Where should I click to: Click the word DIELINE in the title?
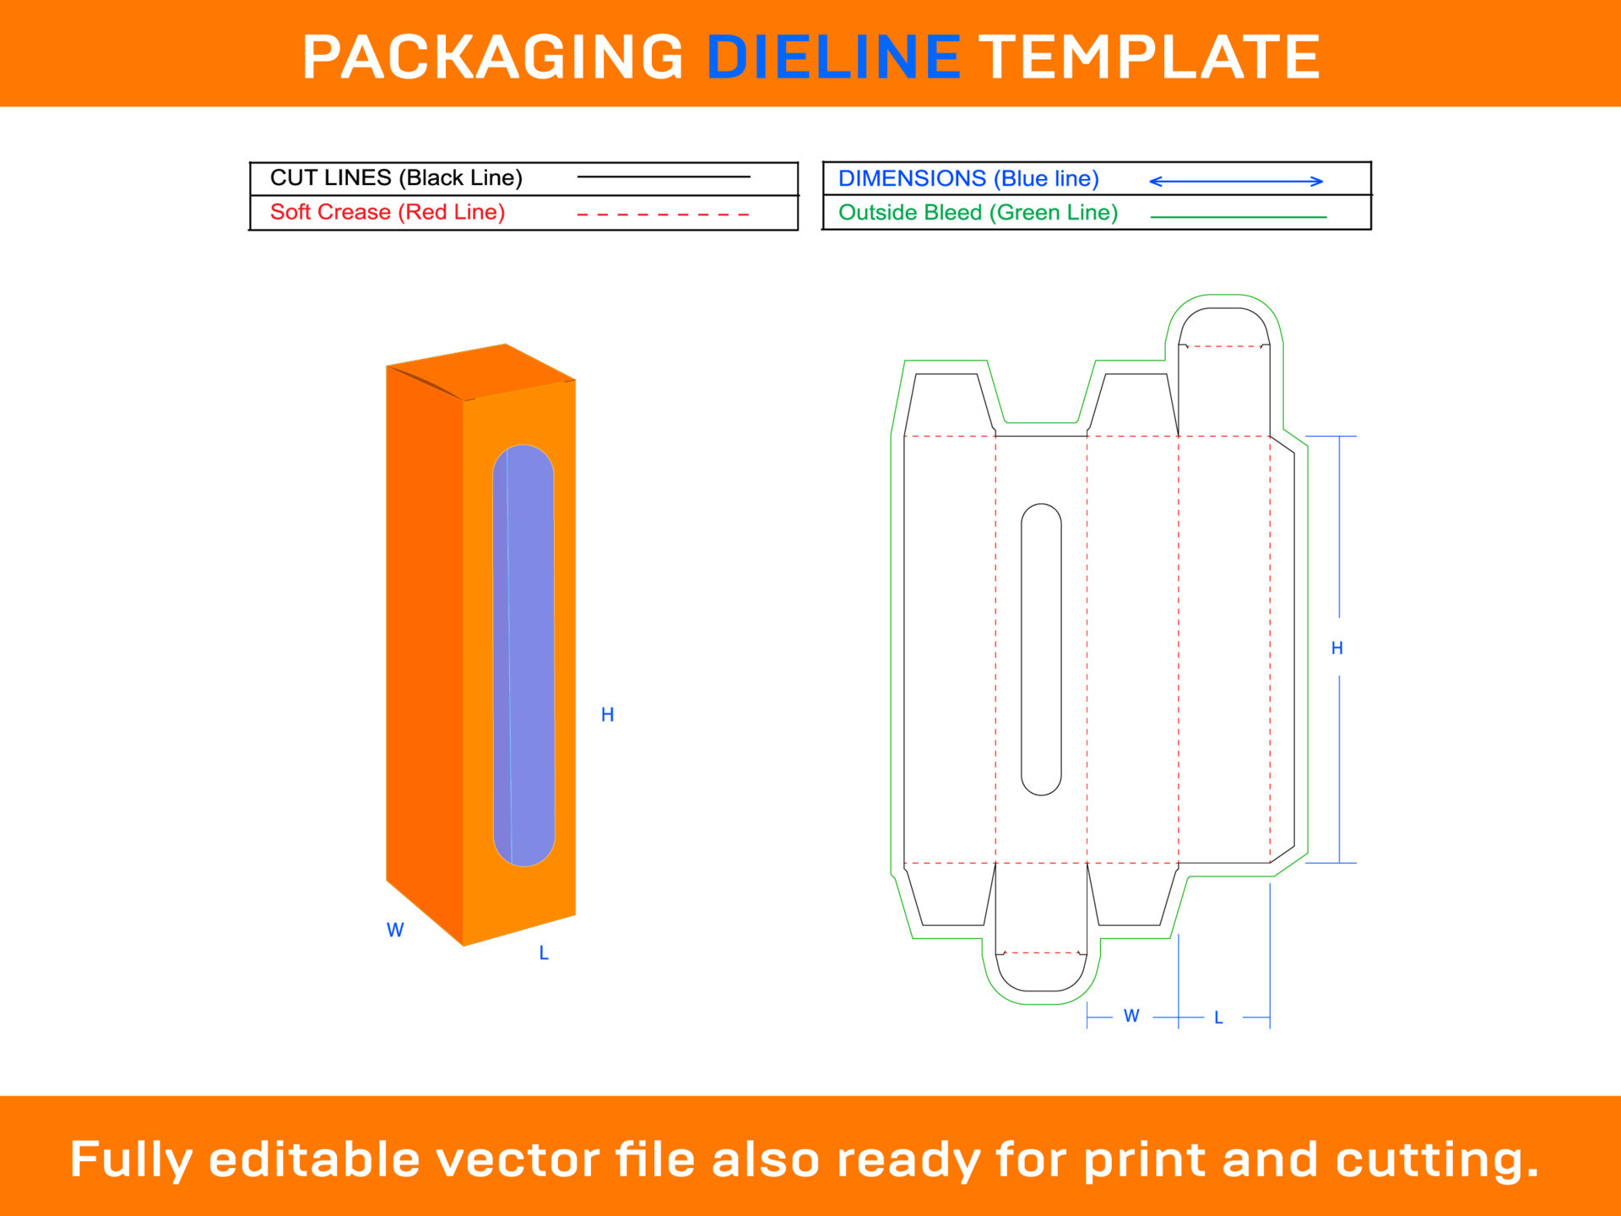tap(833, 57)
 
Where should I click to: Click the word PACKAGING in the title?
tap(493, 57)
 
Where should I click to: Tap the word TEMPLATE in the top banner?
tap(1150, 57)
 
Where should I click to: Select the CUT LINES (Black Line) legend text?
tap(396, 178)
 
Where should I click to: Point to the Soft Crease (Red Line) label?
tap(388, 212)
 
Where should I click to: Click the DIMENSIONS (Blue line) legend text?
tap(968, 179)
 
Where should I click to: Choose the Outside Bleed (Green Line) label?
tap(978, 213)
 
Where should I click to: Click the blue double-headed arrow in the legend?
tap(1236, 182)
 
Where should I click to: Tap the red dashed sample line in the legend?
tap(663, 214)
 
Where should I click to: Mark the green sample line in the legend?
tap(1238, 217)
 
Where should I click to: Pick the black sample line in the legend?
tap(663, 177)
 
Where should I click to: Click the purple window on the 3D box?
tap(524, 655)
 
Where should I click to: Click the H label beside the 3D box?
tap(607, 715)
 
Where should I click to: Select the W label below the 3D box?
tap(395, 931)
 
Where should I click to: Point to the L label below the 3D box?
tap(544, 953)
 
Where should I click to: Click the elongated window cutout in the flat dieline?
tap(1041, 649)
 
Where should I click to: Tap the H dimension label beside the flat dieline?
tap(1336, 649)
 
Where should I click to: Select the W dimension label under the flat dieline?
tap(1131, 1016)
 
